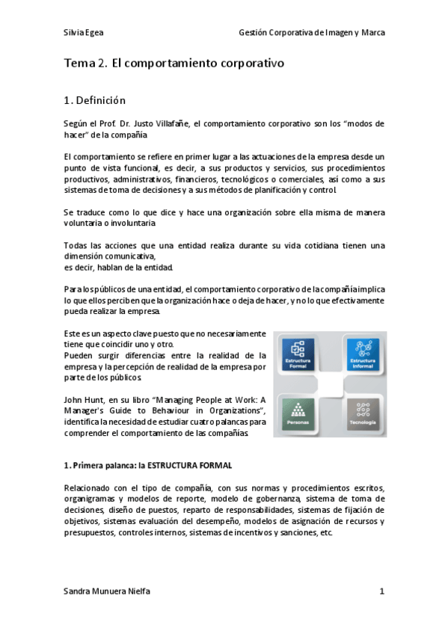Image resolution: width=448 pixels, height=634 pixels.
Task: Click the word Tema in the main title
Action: coord(79,64)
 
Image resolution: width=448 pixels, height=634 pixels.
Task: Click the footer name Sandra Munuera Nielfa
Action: coord(107,591)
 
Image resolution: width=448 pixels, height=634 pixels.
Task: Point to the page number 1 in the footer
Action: coord(381,591)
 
